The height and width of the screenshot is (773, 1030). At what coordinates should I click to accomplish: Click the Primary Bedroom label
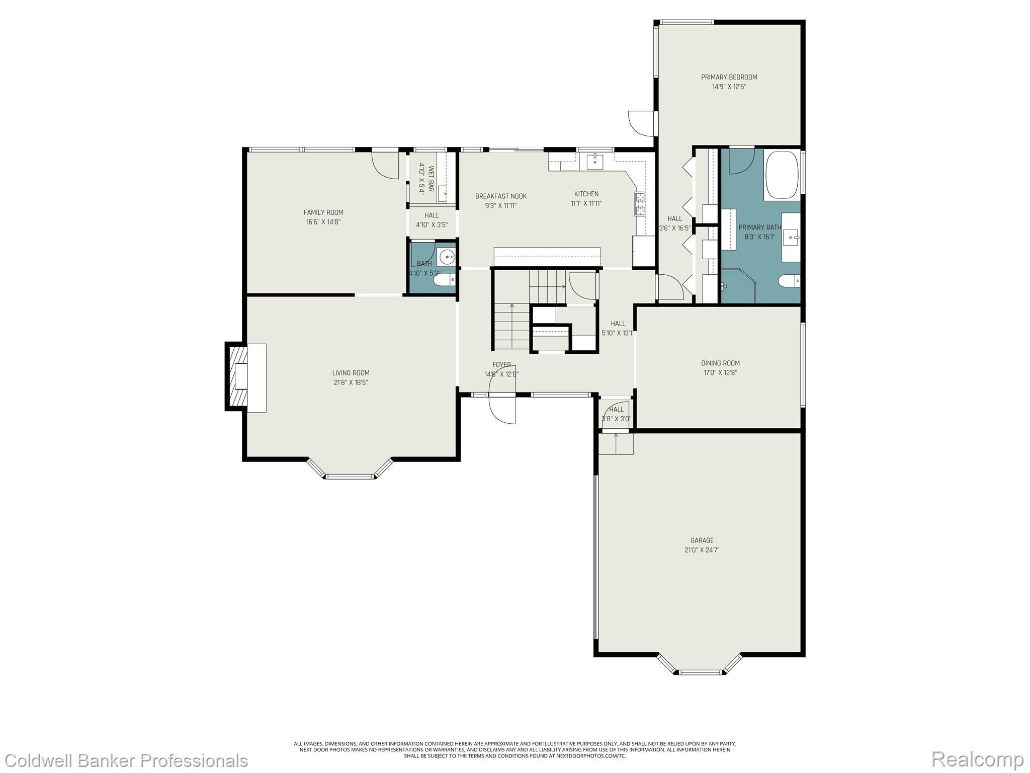(729, 77)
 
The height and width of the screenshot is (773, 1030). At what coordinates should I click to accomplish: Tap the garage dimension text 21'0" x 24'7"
(702, 550)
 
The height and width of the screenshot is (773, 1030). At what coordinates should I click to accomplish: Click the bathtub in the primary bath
(781, 174)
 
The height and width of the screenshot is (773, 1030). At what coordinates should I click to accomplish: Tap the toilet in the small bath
(444, 278)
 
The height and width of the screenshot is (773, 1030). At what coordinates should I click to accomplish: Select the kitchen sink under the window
(595, 161)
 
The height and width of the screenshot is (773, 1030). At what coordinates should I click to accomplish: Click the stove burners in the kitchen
(641, 204)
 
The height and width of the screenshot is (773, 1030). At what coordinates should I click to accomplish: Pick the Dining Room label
(720, 363)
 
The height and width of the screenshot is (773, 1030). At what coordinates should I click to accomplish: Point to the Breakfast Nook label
(501, 196)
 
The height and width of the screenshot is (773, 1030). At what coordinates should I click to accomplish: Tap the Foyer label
(501, 365)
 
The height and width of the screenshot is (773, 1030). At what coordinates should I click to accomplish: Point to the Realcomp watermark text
(978, 758)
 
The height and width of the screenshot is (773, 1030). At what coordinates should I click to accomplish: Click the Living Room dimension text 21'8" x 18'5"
(351, 382)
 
